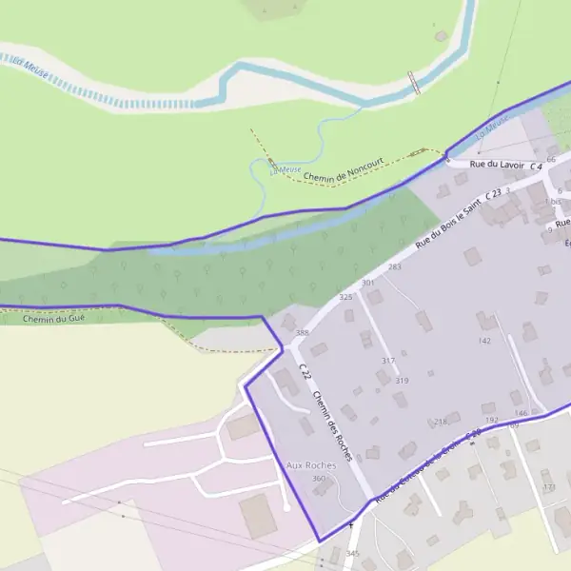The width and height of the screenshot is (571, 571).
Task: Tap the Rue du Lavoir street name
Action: tap(498, 164)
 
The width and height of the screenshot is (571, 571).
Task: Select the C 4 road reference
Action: tap(536, 167)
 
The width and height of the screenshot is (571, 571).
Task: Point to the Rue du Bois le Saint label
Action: tap(448, 226)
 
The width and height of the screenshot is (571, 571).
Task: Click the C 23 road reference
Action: tap(493, 194)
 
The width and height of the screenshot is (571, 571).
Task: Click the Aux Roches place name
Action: tap(311, 464)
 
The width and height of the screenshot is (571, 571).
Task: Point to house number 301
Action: tap(368, 283)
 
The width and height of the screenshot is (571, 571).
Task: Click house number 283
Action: tap(395, 267)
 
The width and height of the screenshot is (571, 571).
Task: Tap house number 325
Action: tap(346, 298)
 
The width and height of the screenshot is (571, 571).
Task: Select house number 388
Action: tap(303, 332)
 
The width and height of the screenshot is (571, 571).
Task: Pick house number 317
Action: tap(388, 361)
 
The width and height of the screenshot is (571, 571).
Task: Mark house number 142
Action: tap(484, 341)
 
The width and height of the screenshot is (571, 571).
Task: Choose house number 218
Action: tap(440, 422)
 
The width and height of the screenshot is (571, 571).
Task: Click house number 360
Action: tap(319, 478)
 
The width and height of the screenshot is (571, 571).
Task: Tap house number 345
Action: tap(353, 553)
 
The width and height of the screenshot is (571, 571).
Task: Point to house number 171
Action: tap(549, 487)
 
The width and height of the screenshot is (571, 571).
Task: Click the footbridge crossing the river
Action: tap(414, 82)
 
